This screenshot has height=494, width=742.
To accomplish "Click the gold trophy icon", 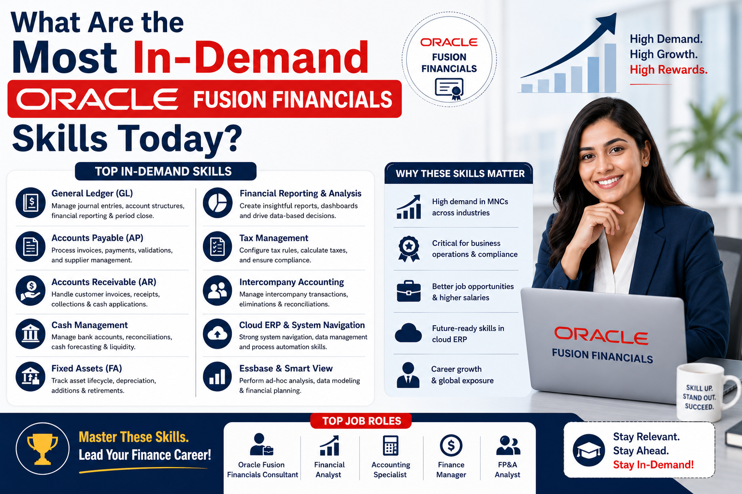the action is click(42, 449).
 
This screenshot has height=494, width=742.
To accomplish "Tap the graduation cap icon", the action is click(589, 450).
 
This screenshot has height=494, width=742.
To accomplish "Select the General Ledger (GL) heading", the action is click(92, 193).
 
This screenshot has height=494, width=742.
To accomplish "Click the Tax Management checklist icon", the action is click(218, 247).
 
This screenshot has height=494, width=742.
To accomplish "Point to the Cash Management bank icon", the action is click(30, 334).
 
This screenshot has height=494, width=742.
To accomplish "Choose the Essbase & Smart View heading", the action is click(286, 368).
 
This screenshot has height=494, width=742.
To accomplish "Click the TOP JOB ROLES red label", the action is click(361, 421).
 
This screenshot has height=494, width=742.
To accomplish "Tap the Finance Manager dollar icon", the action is click(451, 445).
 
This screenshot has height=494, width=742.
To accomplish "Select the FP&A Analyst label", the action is click(508, 469).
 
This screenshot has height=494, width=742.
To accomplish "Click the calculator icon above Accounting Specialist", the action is click(390, 445).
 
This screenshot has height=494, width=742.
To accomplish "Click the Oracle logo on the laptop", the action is click(601, 336).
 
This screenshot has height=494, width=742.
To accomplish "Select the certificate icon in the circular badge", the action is click(449, 89).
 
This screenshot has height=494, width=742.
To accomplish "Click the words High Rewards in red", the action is click(669, 70).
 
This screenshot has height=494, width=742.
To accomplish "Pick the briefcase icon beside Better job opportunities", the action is click(409, 291).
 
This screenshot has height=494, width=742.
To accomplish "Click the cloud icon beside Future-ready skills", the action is click(408, 333).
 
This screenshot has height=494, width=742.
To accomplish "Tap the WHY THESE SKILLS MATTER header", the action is click(460, 174).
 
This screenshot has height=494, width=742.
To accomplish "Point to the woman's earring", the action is click(645, 163).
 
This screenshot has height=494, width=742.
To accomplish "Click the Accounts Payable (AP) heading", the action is click(98, 238).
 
